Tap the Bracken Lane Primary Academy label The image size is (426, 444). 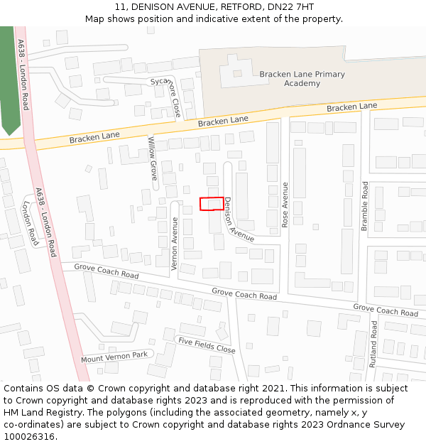point(302,79)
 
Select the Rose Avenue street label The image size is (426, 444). point(285,205)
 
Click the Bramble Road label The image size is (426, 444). point(364,206)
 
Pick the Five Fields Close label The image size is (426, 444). point(207,345)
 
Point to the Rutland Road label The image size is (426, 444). point(374,344)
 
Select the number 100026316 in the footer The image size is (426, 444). point(29,437)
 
